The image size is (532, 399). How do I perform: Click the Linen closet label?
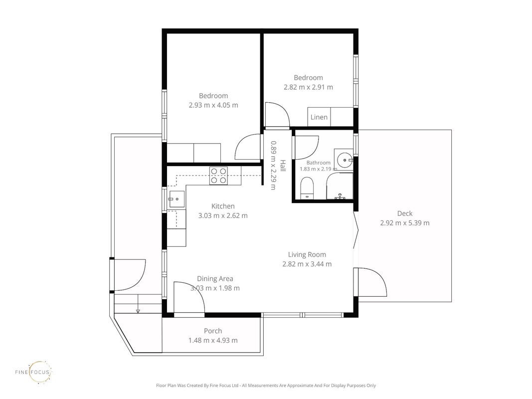click(x=319, y=117)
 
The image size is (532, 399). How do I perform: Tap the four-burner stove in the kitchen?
click(x=218, y=176)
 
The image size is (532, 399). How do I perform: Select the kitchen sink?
click(x=177, y=199)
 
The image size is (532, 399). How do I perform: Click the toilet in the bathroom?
click(x=308, y=188)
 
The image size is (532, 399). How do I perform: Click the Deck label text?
click(x=405, y=213)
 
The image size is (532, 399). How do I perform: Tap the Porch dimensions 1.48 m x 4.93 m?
click(x=213, y=340)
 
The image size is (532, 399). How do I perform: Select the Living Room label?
click(x=307, y=254)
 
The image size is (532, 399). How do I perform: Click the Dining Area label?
click(x=215, y=279)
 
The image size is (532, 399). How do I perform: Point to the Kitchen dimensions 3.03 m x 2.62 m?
click(x=223, y=215)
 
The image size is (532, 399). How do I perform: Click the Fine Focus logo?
click(x=33, y=372)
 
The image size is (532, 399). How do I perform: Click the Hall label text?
click(x=283, y=166)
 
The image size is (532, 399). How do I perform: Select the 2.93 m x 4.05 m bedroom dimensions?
click(x=213, y=105)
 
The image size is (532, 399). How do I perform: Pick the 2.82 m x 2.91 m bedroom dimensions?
click(x=309, y=87)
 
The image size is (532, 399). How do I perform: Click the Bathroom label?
click(x=318, y=163)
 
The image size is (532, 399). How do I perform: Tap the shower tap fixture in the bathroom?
click(x=340, y=197)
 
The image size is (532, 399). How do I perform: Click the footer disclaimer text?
click(x=266, y=386)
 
